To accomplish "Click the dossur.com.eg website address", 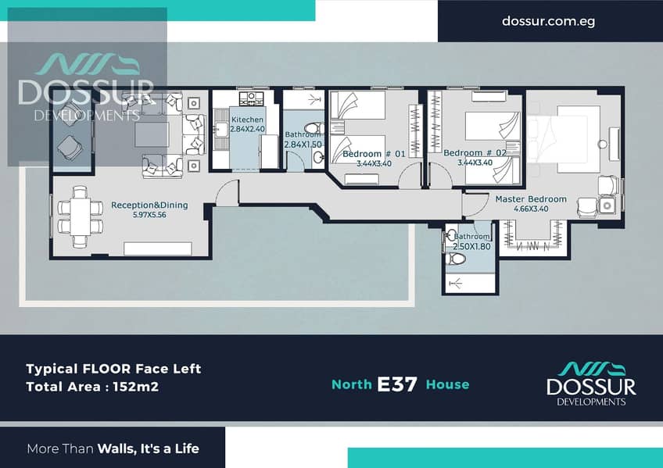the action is point(548,21).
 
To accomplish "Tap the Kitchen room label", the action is point(247,120).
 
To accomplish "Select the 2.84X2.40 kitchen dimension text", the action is point(247,129).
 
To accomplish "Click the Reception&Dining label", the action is point(149,205).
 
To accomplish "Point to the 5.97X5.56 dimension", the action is point(149,215).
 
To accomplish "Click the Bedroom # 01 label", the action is point(374,154).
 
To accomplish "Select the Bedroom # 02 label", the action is point(475,153).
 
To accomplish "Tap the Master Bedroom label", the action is point(531,199).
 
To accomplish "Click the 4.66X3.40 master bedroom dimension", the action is point(531,209).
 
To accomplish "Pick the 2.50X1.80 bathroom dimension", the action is point(472,246).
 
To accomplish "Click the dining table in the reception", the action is point(80,216).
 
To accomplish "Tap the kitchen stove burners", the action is point(251,99).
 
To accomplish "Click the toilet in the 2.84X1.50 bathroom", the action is point(314,127).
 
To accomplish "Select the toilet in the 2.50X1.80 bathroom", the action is point(455,258).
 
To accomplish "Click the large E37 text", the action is point(397,384).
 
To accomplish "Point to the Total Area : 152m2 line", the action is point(92,387).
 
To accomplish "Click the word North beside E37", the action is point(352,384).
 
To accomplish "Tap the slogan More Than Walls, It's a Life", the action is point(113,448).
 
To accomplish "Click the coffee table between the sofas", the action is point(152,134).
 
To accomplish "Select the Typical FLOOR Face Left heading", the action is point(113,369).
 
